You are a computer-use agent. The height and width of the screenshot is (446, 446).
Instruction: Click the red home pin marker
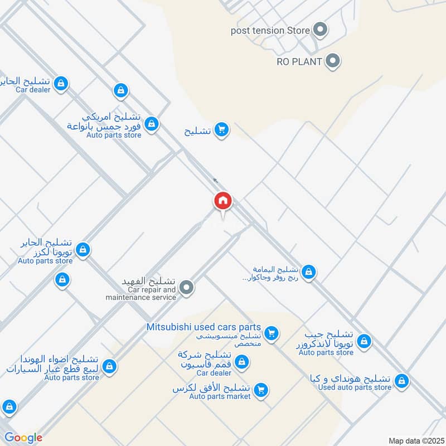click(x=223, y=201)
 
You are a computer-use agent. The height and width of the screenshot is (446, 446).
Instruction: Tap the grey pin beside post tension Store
click(x=320, y=30)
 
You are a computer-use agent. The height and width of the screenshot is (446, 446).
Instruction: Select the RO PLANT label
click(x=299, y=62)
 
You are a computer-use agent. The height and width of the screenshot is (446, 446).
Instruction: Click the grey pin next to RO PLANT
click(x=333, y=61)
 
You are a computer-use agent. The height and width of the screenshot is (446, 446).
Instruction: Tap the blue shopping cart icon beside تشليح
click(x=222, y=130)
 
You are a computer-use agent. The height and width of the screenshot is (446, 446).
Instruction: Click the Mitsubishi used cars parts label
click(x=203, y=327)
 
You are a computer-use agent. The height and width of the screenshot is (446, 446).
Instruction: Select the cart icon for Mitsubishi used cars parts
click(x=272, y=333)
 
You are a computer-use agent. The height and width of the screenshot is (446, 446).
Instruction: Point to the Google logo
click(x=23, y=438)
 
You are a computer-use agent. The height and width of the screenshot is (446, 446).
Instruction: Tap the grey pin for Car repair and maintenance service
click(x=187, y=288)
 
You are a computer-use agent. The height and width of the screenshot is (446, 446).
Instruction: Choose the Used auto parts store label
click(x=355, y=387)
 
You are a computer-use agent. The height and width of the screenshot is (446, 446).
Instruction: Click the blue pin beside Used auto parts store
click(x=401, y=381)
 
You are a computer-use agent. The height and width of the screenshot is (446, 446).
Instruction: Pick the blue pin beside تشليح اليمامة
click(x=309, y=273)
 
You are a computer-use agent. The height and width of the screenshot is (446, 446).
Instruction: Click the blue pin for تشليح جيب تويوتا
click(x=364, y=341)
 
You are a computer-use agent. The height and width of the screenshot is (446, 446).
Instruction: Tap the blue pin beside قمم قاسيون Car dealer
click(x=241, y=362)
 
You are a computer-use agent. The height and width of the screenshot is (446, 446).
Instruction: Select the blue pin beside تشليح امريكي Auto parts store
click(x=151, y=124)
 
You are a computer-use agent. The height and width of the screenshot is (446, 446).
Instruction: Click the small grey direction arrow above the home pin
click(x=215, y=181)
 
